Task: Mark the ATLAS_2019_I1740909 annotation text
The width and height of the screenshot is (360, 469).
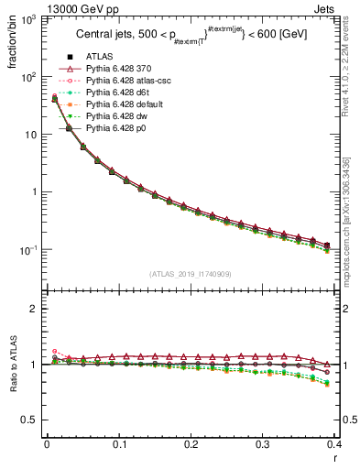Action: click(x=190, y=274)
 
